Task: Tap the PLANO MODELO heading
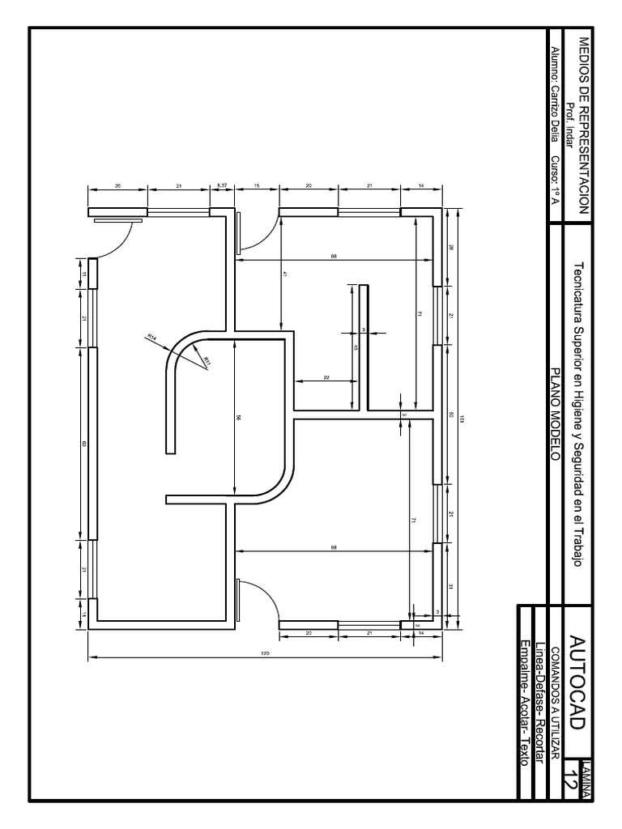pos(556,414)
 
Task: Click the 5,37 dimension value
pos(222,185)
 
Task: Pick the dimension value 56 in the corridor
pos(238,418)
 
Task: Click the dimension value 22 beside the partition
pos(326,377)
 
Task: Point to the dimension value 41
pos(284,274)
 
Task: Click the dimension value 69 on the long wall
pos(83,444)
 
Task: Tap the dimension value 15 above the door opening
pos(256,185)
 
